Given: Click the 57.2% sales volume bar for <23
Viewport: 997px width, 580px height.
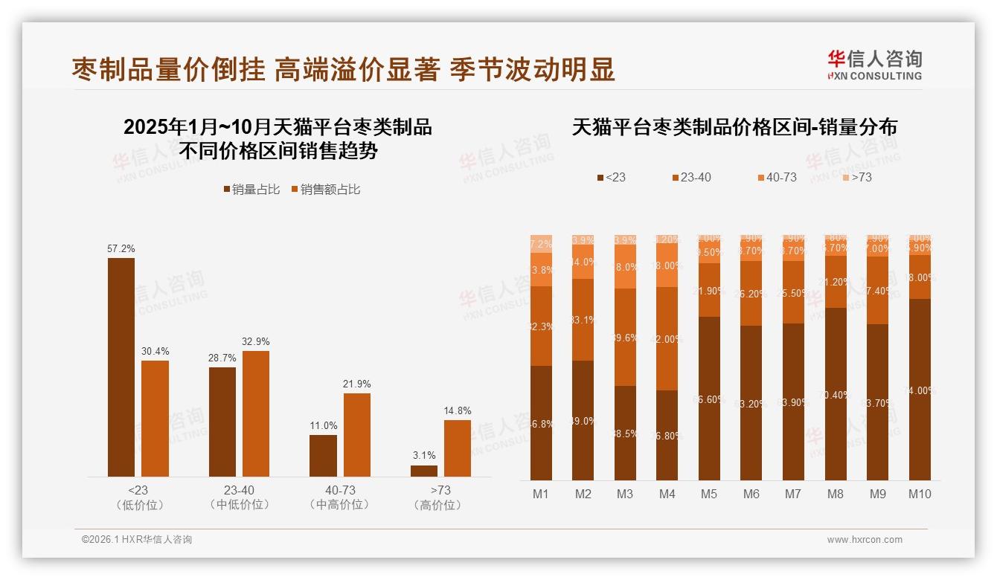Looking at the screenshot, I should click(x=121, y=367).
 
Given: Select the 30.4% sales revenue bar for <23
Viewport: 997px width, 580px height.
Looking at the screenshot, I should click(x=155, y=419).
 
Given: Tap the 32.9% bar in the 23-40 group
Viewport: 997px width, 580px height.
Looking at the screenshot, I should click(x=256, y=413).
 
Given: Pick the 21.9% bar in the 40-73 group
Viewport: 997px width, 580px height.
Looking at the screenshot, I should click(x=357, y=435).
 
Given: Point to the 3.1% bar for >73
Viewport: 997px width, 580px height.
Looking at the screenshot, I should click(x=424, y=471).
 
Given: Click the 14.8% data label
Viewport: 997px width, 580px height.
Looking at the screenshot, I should click(x=457, y=410).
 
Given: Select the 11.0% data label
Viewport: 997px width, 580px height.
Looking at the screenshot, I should click(x=324, y=425).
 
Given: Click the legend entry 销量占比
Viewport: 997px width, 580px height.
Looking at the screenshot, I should click(x=251, y=190).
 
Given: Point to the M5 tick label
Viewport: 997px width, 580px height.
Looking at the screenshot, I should click(x=708, y=494).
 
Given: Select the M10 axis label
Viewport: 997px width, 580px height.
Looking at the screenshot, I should click(x=920, y=494).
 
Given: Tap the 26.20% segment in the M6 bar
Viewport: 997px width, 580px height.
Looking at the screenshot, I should click(x=751, y=294).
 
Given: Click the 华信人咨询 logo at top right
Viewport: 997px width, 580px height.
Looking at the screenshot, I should click(x=874, y=65).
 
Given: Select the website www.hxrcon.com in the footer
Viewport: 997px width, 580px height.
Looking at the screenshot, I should click(x=865, y=540).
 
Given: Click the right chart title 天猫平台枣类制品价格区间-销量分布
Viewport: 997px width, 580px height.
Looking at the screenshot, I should click(x=734, y=127).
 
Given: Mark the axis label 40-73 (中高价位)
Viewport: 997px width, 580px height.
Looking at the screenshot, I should click(x=339, y=497).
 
